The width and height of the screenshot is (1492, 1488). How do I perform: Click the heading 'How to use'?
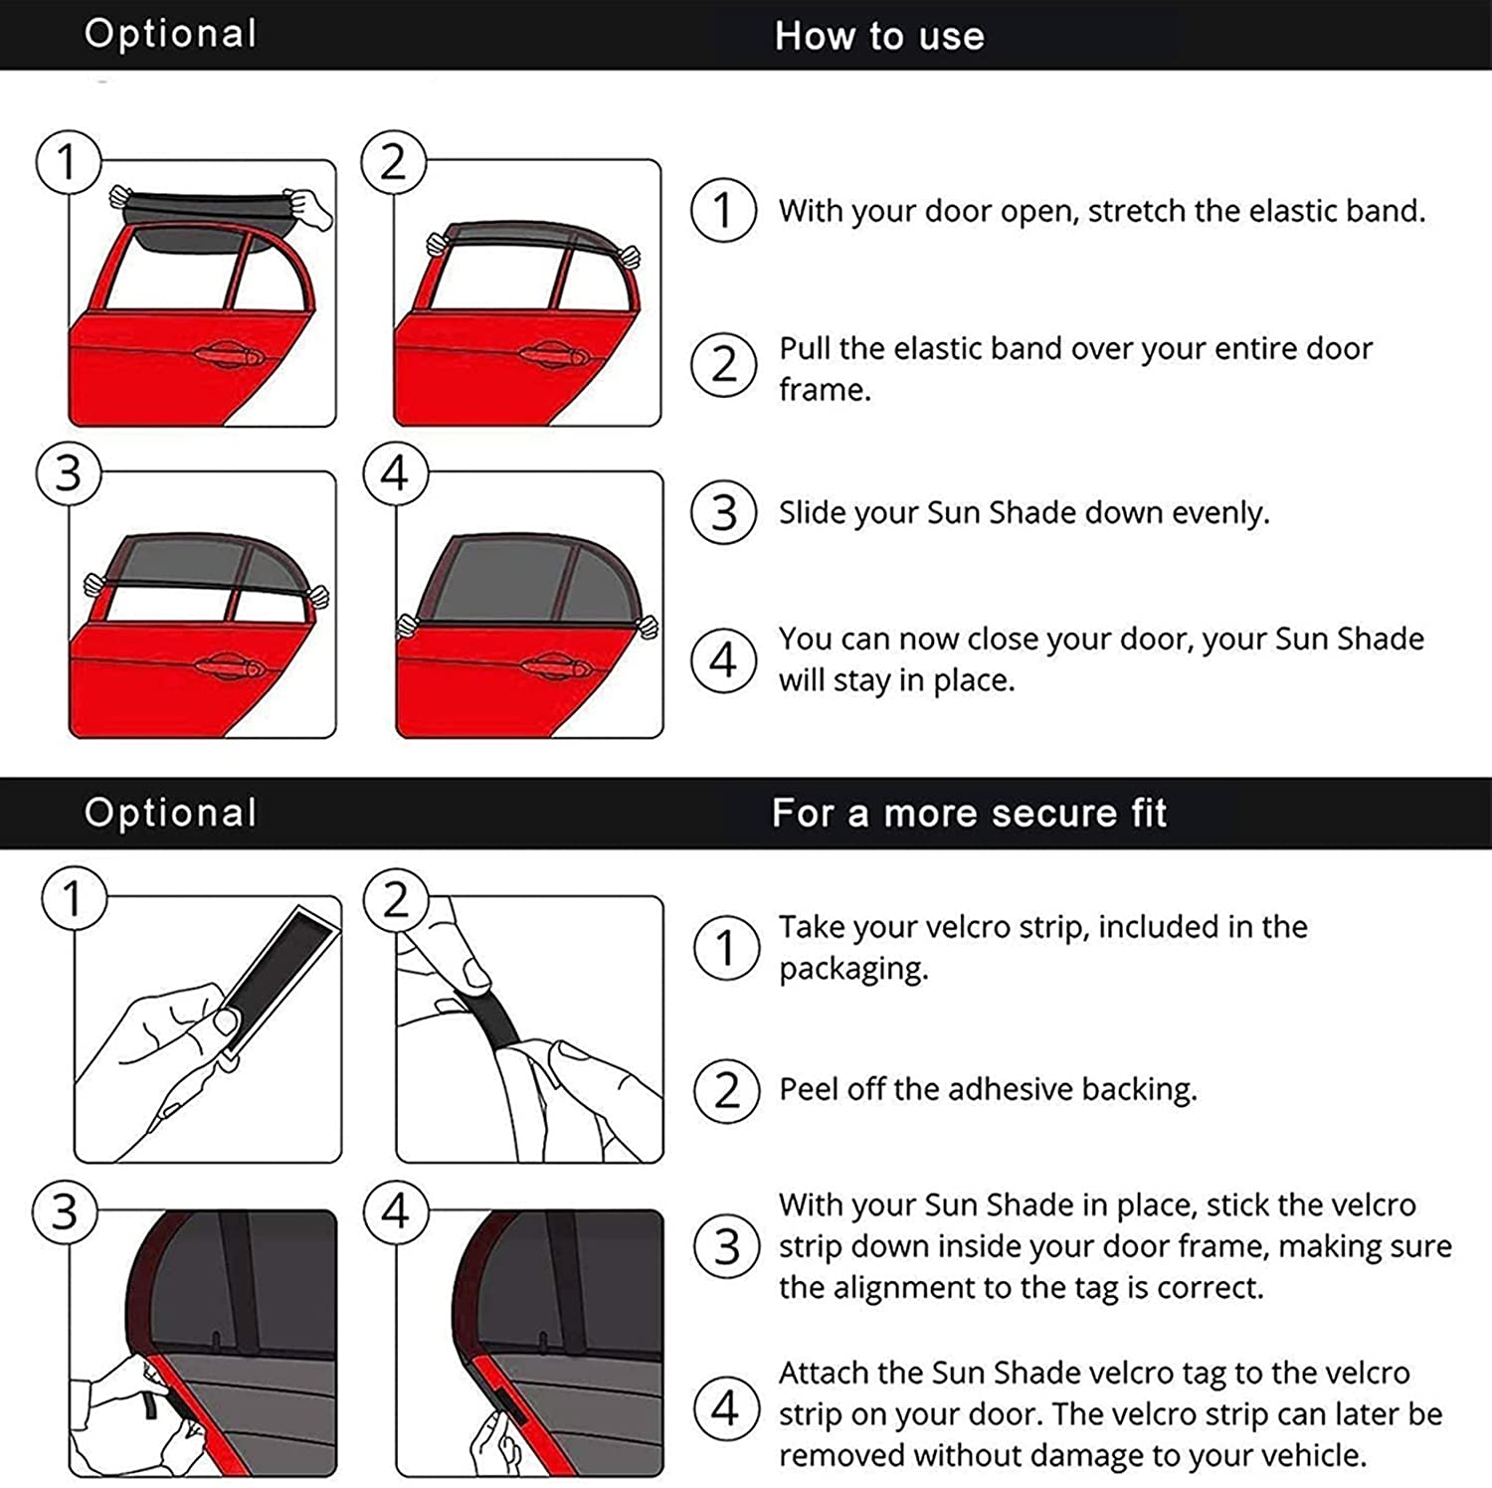(x=879, y=36)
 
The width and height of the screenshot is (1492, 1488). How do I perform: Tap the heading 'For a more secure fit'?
(x=969, y=813)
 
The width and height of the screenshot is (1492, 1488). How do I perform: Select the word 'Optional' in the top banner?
(x=170, y=33)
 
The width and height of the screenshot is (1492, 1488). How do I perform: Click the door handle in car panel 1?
(x=228, y=355)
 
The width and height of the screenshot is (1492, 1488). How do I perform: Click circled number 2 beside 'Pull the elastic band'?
(x=724, y=365)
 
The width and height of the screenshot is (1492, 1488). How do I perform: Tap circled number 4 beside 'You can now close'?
(x=724, y=659)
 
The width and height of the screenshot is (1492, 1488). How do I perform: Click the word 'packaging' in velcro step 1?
(x=851, y=968)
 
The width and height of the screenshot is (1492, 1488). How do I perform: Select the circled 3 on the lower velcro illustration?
(x=65, y=1212)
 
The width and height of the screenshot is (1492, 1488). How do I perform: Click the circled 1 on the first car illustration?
(x=68, y=162)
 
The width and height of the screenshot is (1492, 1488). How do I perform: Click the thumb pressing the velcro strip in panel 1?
(x=227, y=1022)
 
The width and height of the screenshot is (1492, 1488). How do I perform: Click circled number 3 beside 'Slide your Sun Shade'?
(x=724, y=513)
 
